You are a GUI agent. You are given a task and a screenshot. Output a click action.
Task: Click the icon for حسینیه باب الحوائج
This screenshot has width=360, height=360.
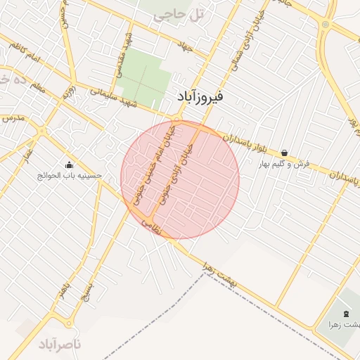point(69,165)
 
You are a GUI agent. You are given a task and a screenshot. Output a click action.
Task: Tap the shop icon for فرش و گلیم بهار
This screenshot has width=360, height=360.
point(284,153)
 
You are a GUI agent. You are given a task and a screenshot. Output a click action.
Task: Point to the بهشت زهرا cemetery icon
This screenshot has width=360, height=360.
point(345,313)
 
